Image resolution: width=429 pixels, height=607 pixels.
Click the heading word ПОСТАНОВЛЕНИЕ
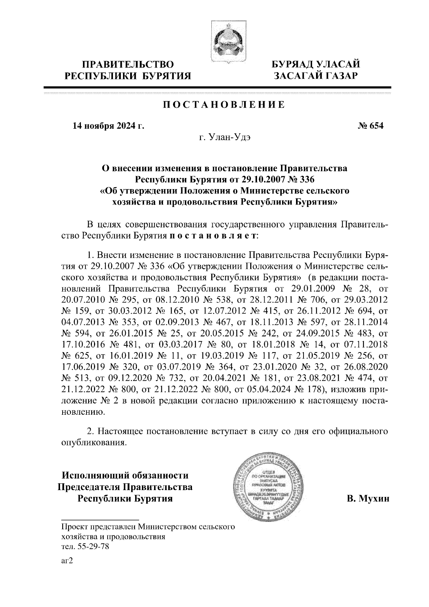tap(224, 105)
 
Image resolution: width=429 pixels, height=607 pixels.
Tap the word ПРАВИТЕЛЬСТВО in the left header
tap(128, 65)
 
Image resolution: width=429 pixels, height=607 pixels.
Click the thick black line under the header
tap(217, 87)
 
